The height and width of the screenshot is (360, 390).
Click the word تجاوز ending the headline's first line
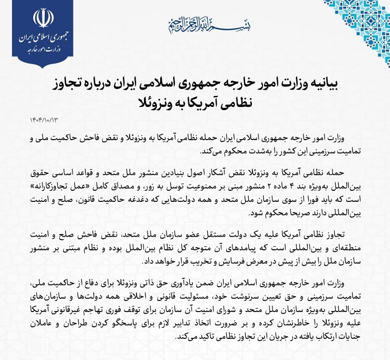pos(72,83)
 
